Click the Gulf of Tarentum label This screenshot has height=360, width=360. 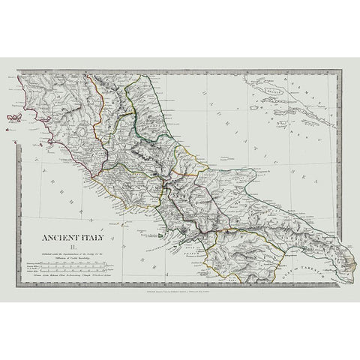300,256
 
